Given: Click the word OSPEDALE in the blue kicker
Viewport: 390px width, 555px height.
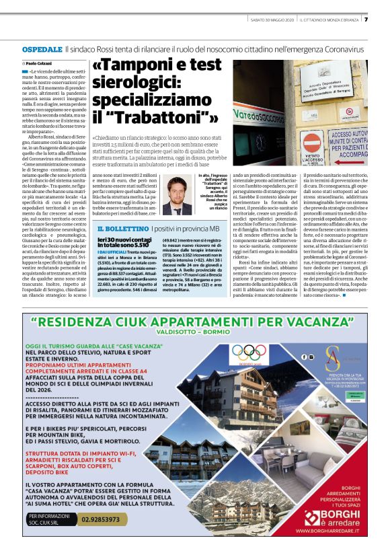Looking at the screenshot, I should pos(42,50).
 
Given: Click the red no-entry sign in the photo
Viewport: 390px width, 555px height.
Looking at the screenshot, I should pos(312,143).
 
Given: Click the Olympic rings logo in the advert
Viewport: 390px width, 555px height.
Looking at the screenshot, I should pos(247,350).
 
